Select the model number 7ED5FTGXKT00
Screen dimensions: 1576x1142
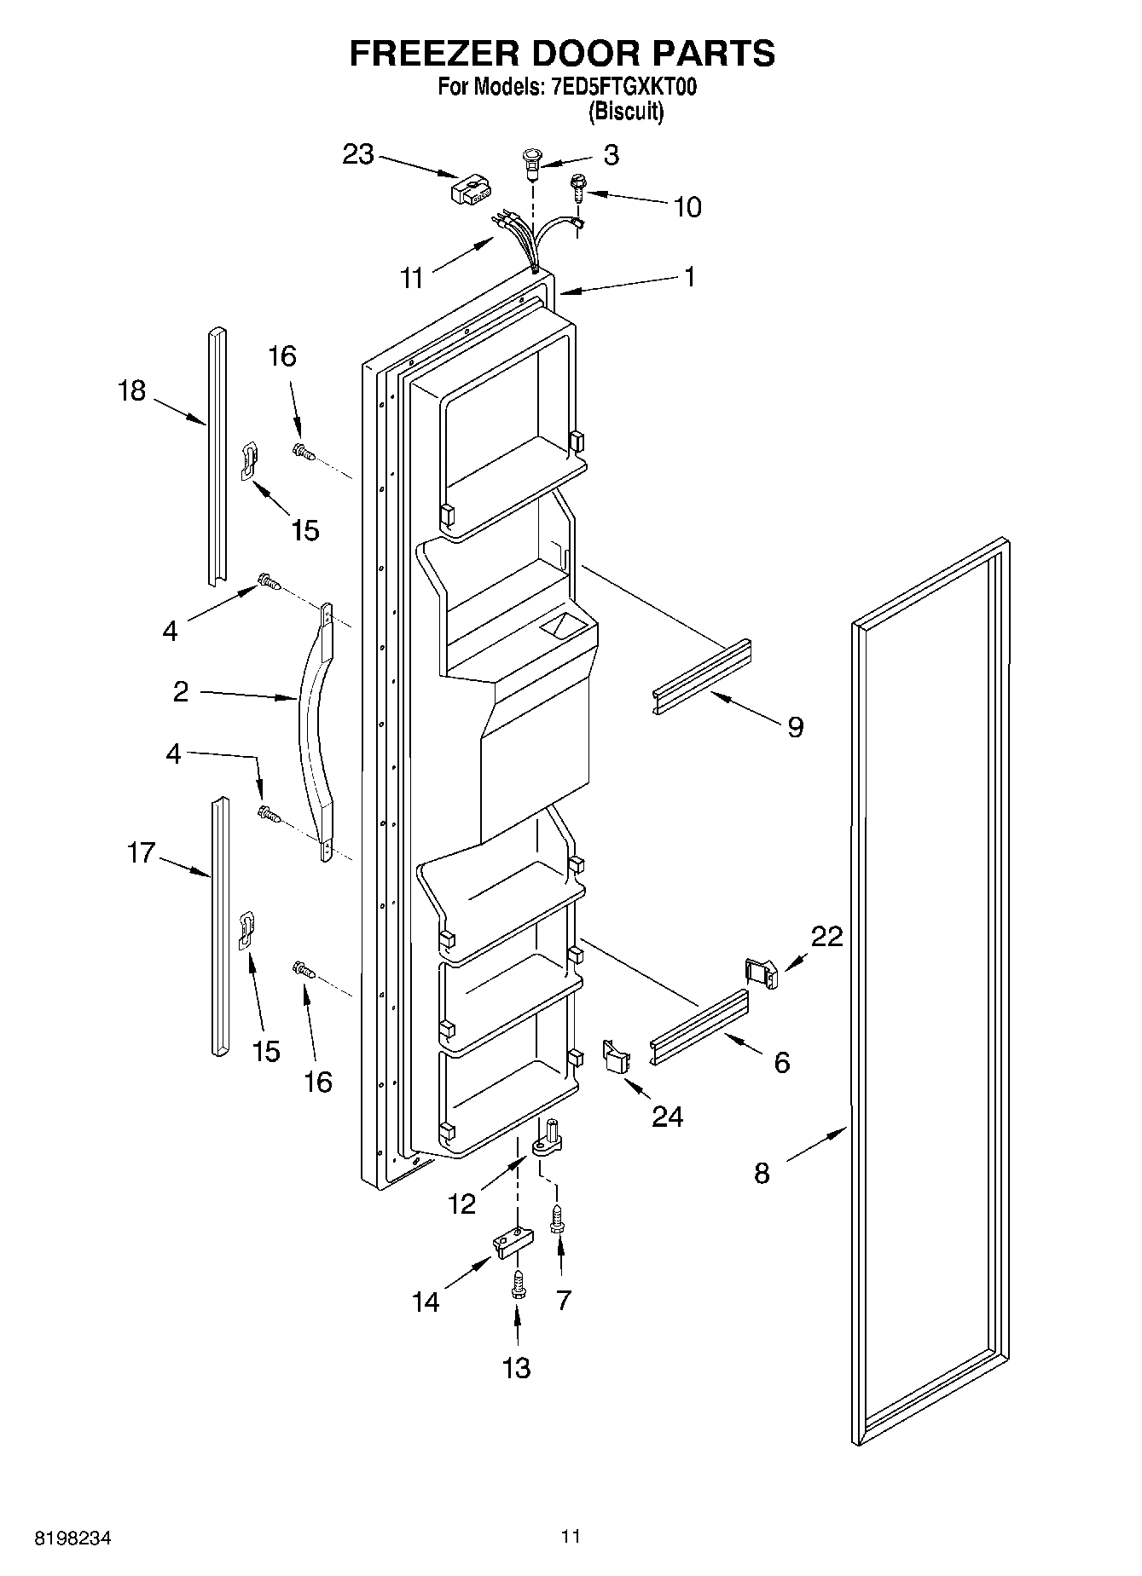pyautogui.click(x=619, y=88)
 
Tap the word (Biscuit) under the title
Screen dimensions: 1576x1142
pyautogui.click(x=626, y=111)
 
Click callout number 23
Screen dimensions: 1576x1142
pyautogui.click(x=358, y=154)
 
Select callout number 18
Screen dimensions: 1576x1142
pyautogui.click(x=132, y=391)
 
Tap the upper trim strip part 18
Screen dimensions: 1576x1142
pyautogui.click(x=217, y=456)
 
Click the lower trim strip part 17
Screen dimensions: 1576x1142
pyautogui.click(x=220, y=925)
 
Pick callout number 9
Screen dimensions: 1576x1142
pyautogui.click(x=795, y=727)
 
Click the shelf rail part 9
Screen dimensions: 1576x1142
pyautogui.click(x=701, y=678)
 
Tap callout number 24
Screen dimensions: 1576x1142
pyautogui.click(x=667, y=1117)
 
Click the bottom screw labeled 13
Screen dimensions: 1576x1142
pyautogui.click(x=517, y=1290)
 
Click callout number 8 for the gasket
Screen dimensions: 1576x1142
pyautogui.click(x=762, y=1174)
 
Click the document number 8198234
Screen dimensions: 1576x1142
pyautogui.click(x=73, y=1538)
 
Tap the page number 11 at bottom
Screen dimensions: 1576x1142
pyautogui.click(x=571, y=1537)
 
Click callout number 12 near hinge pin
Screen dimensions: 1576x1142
pyautogui.click(x=461, y=1204)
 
